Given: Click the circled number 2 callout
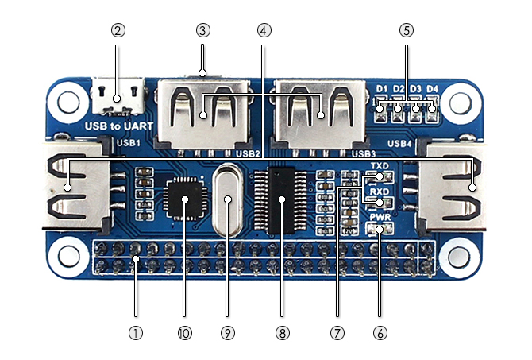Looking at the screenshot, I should (118, 31).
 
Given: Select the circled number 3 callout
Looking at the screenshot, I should (202, 31).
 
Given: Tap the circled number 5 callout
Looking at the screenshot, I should (407, 31).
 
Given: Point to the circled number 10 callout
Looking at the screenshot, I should (185, 334).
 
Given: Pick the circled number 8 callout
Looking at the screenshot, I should (279, 334).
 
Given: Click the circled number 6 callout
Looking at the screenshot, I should (380, 334).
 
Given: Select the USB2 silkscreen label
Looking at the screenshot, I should (249, 153).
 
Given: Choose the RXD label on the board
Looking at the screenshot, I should (379, 192).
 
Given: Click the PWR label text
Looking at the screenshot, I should (379, 216).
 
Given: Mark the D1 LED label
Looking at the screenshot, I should (382, 88).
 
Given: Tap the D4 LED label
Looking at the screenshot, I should (432, 88).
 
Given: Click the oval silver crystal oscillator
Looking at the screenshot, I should (228, 201).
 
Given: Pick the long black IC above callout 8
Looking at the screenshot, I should (280, 199).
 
